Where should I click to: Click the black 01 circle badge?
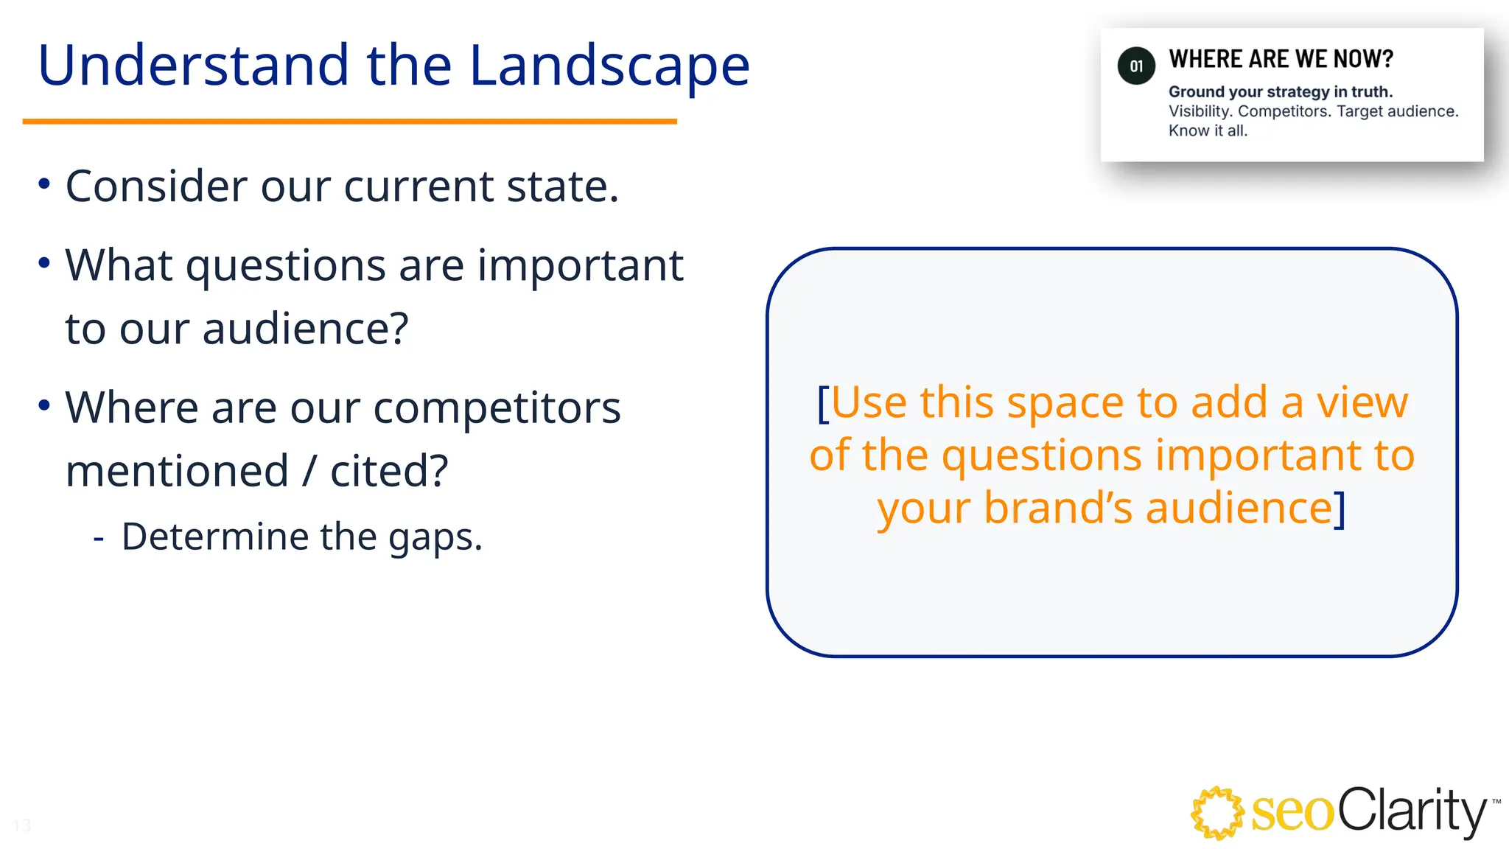point(1136,66)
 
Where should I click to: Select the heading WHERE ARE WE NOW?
point(1281,59)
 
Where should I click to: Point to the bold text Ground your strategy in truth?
point(1280,91)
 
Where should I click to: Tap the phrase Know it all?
point(1208,130)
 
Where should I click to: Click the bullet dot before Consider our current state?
point(44,184)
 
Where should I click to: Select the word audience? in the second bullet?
point(305,329)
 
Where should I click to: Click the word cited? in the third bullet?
point(389,472)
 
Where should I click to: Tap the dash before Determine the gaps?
point(99,539)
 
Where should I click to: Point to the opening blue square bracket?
point(823,403)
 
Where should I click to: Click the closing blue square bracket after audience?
point(1340,509)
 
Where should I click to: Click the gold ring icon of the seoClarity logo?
point(1217,813)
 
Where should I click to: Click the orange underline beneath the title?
point(349,121)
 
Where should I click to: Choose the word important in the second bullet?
point(580,265)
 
